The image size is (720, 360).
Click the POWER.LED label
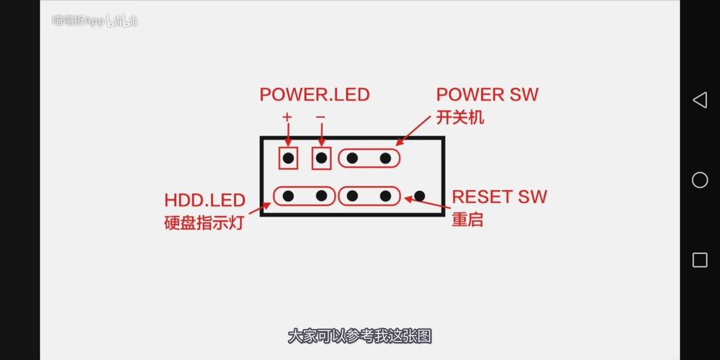[x=314, y=94]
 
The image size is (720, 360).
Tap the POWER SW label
[x=487, y=94]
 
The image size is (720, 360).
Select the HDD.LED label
[x=204, y=200]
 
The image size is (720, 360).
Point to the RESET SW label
[x=499, y=197]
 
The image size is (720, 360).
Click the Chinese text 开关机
[x=460, y=117]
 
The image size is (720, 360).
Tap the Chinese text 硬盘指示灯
[x=204, y=222]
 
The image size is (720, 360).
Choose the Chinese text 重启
[x=467, y=220]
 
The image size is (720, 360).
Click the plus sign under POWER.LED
[x=287, y=117]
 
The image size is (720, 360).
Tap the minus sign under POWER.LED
[x=320, y=117]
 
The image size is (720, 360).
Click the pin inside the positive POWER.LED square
[x=288, y=158]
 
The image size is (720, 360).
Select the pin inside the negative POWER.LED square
[x=321, y=158]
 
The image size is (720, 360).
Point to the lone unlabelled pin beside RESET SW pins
[x=420, y=195]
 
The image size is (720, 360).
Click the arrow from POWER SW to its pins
[x=414, y=131]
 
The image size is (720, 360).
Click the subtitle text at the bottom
[x=359, y=336]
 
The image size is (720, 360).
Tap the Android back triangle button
[x=699, y=100]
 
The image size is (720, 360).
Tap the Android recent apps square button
[x=700, y=260]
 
